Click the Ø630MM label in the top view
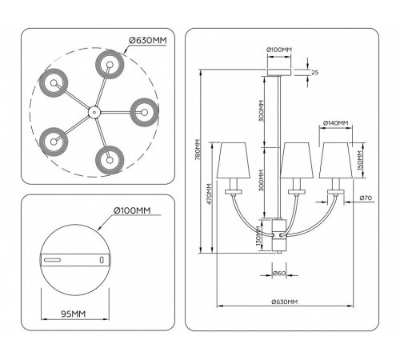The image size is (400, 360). [148, 41]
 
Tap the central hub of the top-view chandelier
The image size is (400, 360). [94, 112]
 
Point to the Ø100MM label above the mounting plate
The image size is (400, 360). [132, 210]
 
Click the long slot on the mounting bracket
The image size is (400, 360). [52, 260]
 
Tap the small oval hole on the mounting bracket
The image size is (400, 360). [102, 260]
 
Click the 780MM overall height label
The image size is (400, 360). [198, 150]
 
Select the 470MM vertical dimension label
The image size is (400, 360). [210, 194]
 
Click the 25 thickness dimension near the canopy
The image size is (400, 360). [315, 72]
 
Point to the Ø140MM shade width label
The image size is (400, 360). [336, 123]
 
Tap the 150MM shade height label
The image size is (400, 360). [360, 161]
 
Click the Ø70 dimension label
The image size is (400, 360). [366, 198]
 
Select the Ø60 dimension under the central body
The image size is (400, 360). [279, 273]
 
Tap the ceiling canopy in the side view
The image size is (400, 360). [279, 73]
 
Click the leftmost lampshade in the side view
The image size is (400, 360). [234, 160]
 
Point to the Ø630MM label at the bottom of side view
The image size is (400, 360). [285, 302]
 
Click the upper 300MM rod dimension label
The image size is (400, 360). [261, 110]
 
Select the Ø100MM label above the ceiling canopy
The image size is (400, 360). [279, 50]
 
